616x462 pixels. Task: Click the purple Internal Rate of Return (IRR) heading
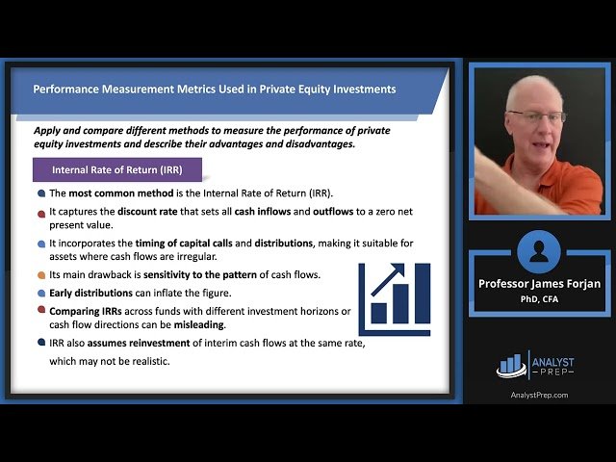[x=116, y=170]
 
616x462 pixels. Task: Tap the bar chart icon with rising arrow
[x=394, y=293]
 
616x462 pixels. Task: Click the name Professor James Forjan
[x=538, y=283]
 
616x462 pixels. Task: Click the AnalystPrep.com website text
[x=538, y=395]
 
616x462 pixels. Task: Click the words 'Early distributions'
[x=92, y=293]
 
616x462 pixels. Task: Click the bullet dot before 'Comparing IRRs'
[x=40, y=310]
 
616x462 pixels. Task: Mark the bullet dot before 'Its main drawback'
[x=40, y=274]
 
